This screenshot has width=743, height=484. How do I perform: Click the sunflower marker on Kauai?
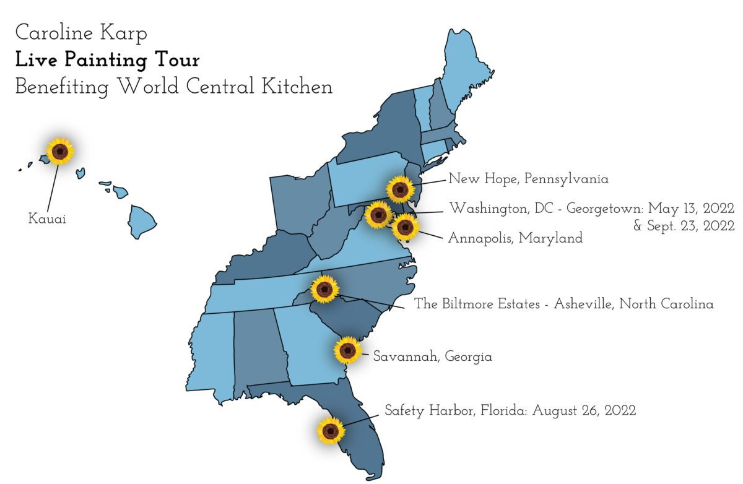pos(60,150)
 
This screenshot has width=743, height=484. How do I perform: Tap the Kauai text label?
pos(47,218)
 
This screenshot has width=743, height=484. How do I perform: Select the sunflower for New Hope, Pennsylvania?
pos(400,189)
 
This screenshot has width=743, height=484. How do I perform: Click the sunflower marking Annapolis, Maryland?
pos(405,227)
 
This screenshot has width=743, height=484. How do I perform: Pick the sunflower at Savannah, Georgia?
pos(347,350)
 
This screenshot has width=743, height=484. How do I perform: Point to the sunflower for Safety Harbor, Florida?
pos(330,430)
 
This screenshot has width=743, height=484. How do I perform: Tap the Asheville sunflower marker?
pos(324,289)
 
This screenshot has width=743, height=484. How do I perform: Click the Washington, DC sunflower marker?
pos(378,215)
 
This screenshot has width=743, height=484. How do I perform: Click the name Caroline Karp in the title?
pos(81,33)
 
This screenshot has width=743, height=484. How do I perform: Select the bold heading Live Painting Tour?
pos(107,60)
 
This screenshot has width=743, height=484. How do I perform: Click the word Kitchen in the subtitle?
pos(297,86)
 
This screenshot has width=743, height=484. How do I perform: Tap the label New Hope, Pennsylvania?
pos(528,179)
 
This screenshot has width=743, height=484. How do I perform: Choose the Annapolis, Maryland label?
pos(515,238)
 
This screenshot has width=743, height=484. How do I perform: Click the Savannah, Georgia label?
pos(432,357)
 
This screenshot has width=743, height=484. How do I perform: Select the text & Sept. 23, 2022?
pos(684,226)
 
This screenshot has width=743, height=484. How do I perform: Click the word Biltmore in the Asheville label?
pos(469,305)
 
